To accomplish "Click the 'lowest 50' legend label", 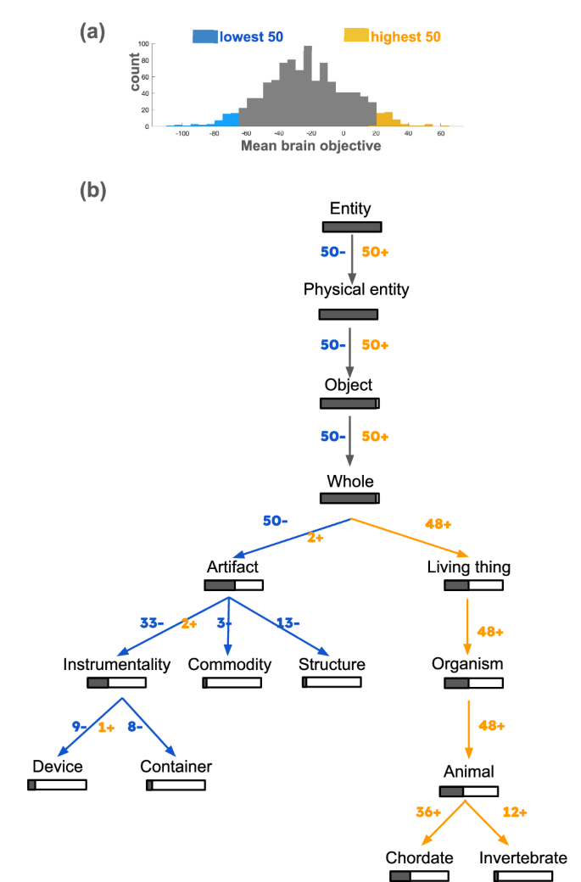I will [x=251, y=36].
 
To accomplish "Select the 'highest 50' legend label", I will [x=406, y=36].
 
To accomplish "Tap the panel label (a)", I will [x=92, y=31].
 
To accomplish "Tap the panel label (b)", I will [x=92, y=191].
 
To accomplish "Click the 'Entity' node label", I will [x=351, y=209].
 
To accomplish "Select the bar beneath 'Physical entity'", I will [x=348, y=315].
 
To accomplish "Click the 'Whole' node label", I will [x=350, y=481].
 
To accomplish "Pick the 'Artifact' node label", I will [x=232, y=566].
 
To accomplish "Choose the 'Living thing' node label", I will [x=474, y=566].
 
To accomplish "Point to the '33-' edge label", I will [x=152, y=623].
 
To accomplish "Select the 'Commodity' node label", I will [x=230, y=664].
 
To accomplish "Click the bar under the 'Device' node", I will [x=57, y=784].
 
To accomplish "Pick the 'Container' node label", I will [x=176, y=767].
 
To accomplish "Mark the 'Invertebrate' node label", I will [x=522, y=857].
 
